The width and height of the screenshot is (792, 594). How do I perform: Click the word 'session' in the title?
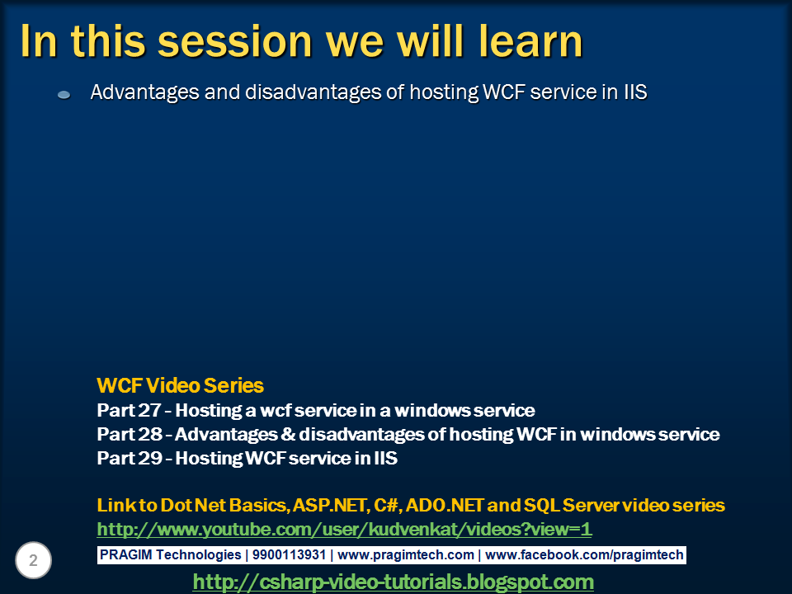click(235, 41)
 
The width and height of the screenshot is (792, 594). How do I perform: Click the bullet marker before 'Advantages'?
click(64, 94)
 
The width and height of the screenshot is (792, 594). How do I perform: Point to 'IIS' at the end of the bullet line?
click(635, 92)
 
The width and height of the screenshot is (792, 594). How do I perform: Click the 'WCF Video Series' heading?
click(181, 385)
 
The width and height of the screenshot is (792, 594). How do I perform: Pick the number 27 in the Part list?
click(149, 410)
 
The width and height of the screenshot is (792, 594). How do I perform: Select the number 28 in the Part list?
click(150, 434)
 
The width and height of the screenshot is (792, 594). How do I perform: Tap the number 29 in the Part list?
click(150, 458)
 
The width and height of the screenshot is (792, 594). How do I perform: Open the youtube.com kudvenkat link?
click(345, 530)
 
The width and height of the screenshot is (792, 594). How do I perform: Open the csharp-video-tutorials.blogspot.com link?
click(394, 582)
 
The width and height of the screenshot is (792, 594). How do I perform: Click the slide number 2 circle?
click(33, 560)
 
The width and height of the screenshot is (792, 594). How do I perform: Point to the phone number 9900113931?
click(289, 554)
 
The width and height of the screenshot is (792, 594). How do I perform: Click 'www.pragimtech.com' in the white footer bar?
click(406, 555)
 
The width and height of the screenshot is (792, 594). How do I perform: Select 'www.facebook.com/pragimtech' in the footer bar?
click(584, 555)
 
